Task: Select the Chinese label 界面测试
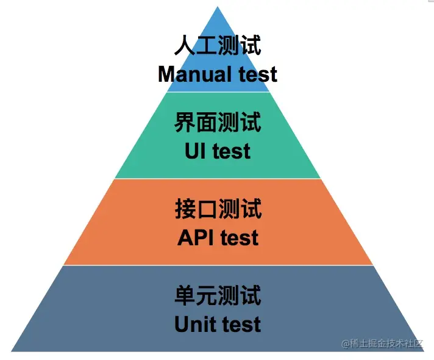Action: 218,123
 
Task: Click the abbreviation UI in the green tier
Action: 195,151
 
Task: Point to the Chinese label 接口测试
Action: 218,209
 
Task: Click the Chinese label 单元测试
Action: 218,296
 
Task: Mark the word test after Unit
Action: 241,324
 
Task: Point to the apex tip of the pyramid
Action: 218,7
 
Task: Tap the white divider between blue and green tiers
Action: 218,92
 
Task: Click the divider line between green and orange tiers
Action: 218,179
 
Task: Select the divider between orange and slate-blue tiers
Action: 218,265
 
